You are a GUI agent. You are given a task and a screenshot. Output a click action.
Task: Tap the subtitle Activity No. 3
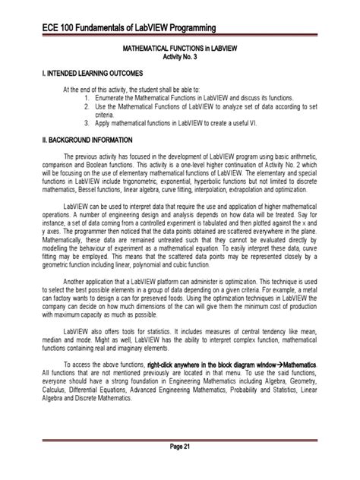click(180, 56)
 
